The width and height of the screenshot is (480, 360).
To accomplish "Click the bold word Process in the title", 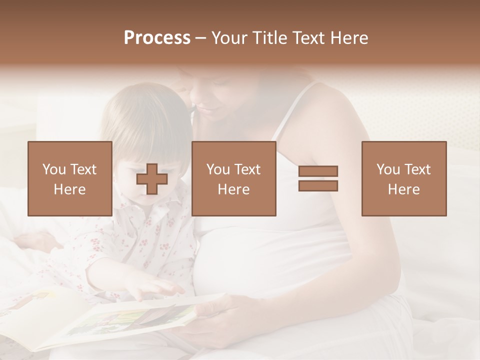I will coord(157,38).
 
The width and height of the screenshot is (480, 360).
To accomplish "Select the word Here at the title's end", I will coord(349,38).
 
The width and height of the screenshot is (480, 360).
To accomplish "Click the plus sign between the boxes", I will coord(151,178).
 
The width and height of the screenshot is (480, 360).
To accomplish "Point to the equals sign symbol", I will coord(318,178).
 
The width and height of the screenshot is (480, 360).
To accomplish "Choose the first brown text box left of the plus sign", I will coord(70,178).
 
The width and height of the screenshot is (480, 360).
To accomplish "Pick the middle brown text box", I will coord(233,178).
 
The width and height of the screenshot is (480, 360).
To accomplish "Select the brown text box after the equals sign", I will coord(403,178).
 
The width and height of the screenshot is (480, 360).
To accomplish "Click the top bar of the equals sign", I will coord(318,171).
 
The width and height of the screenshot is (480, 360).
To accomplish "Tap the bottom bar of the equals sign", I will coord(318,185).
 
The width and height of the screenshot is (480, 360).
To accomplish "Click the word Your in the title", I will coord(228,38).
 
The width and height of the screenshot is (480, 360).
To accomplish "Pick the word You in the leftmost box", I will coord(53,169).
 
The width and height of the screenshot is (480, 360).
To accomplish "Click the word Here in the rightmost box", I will coord(403,189).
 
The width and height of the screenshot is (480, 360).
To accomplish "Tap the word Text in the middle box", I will coord(247,169).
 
